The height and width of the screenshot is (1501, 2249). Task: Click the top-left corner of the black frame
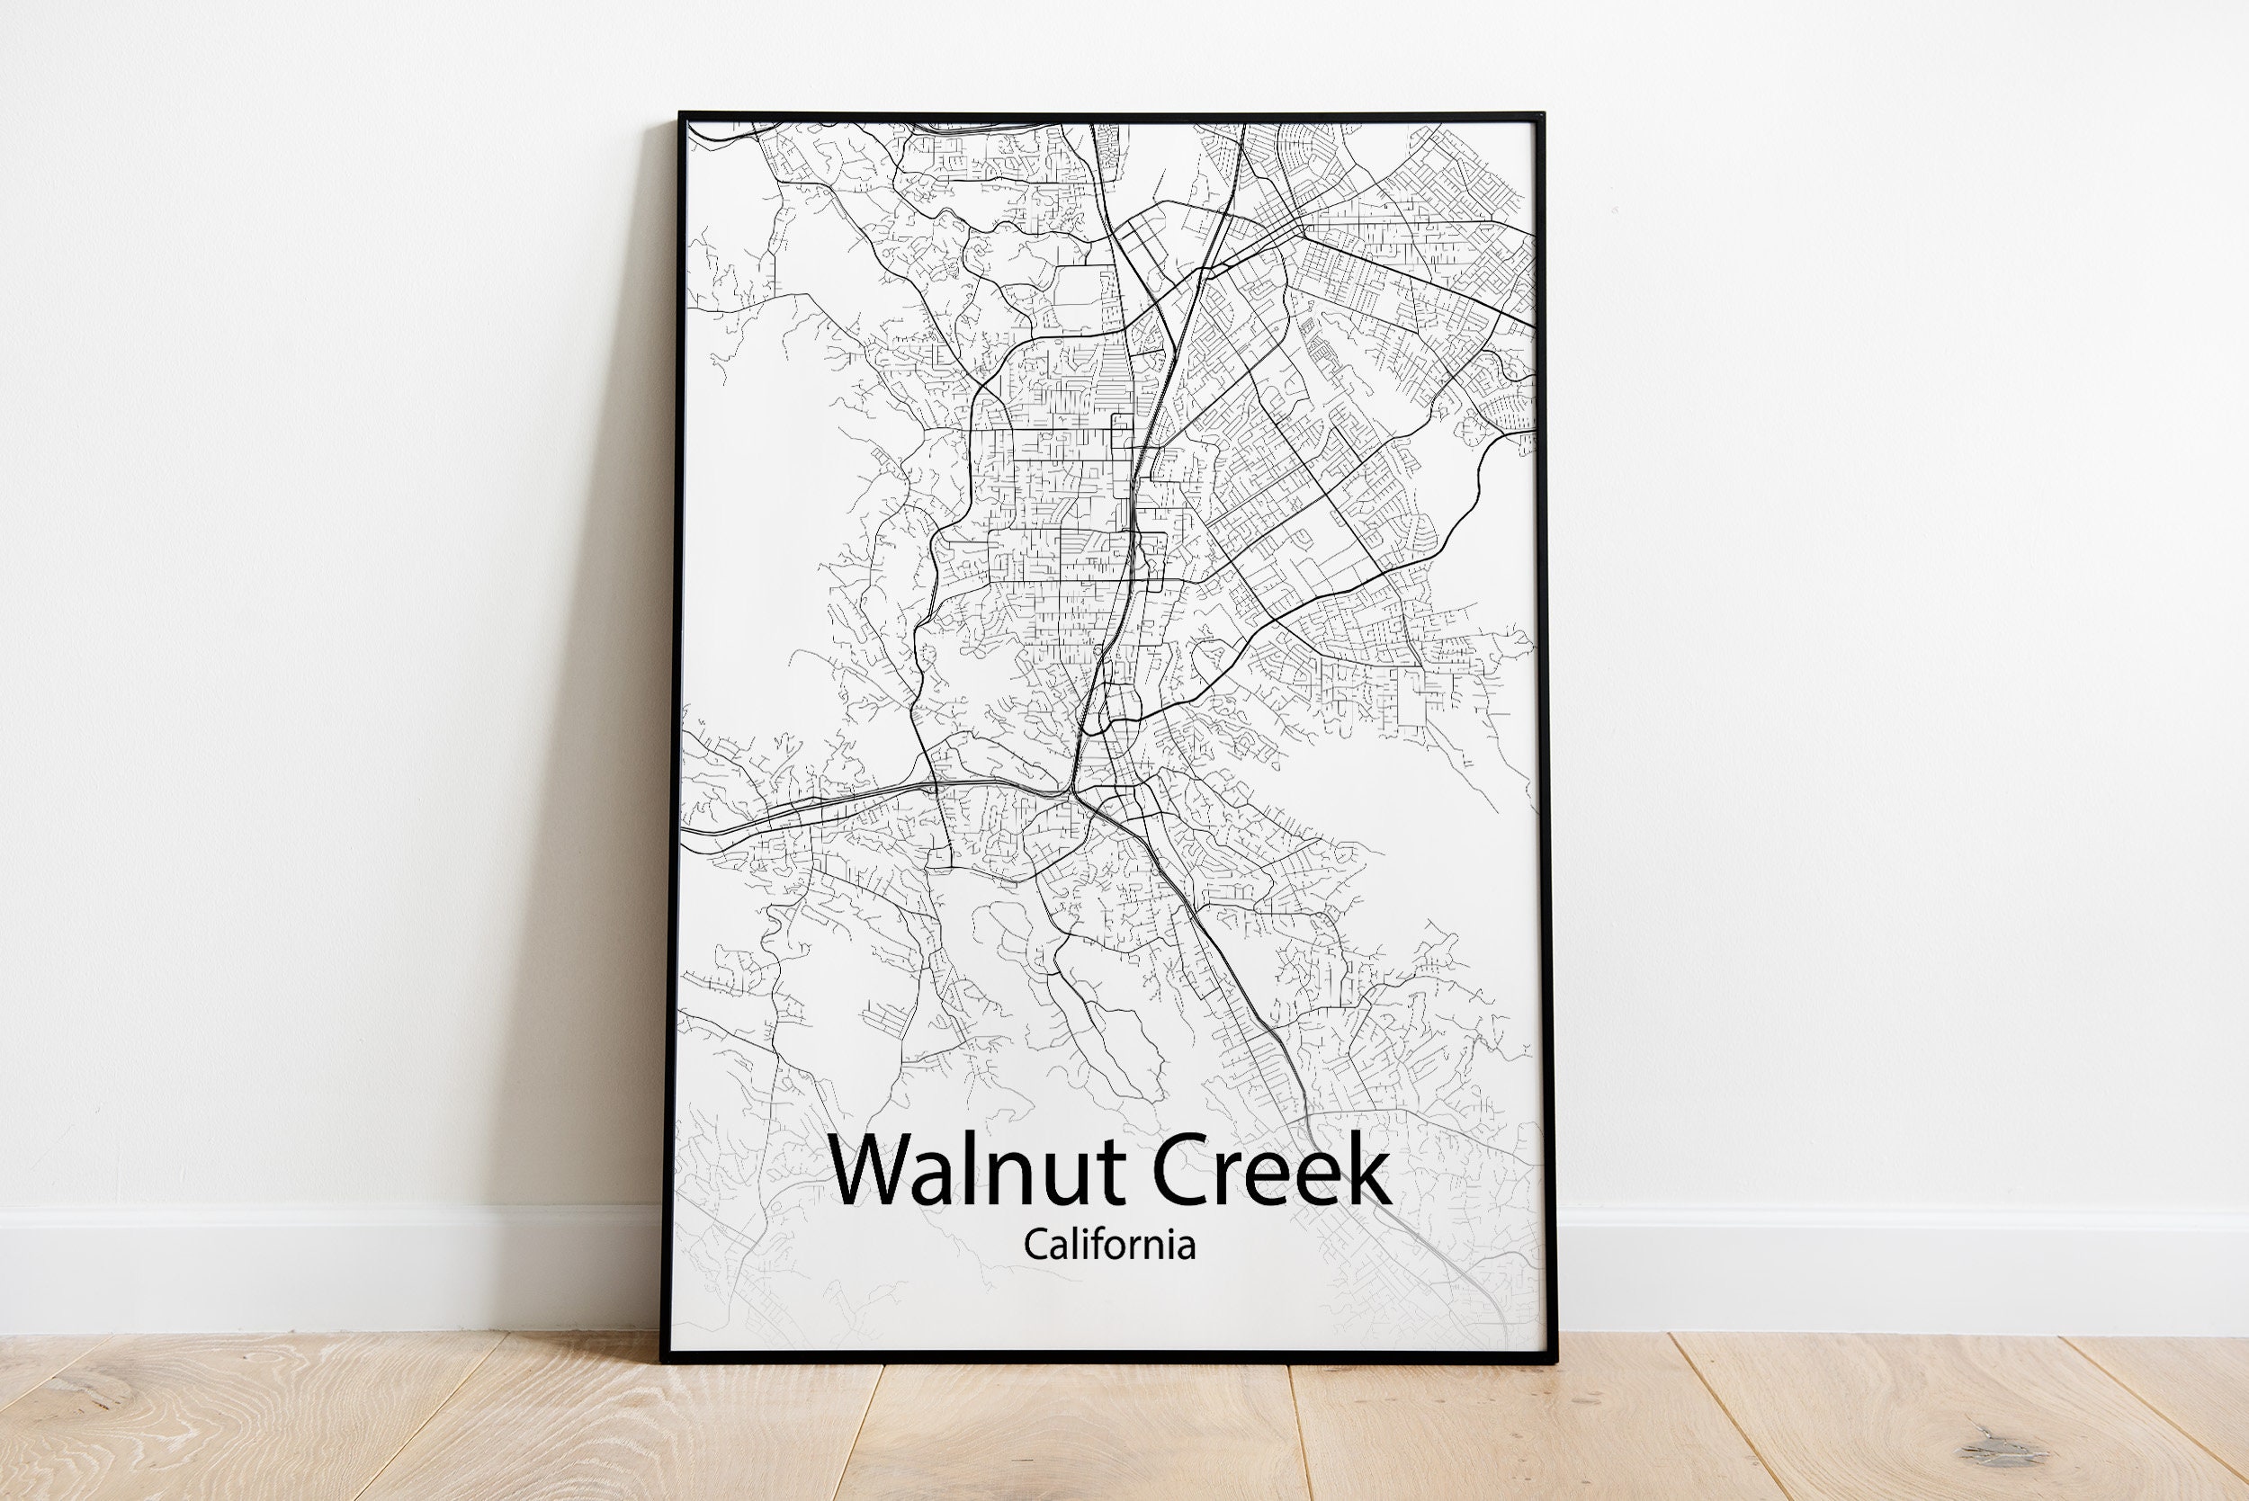(x=681, y=116)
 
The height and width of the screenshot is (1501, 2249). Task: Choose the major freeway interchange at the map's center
(x=1072, y=793)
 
